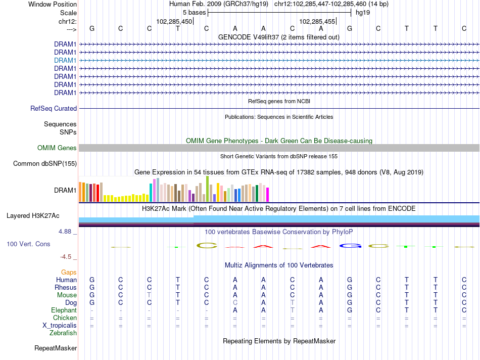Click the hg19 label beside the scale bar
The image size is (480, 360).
tap(363, 13)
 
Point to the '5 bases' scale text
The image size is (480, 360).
tap(195, 13)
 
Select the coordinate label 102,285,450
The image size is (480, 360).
tap(174, 21)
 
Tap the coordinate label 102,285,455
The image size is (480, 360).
tap(317, 21)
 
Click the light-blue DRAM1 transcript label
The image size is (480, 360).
tap(65, 60)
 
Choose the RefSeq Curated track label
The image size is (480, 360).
tap(54, 109)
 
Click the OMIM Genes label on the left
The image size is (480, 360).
tap(57, 148)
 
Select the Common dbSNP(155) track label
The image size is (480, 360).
tap(45, 164)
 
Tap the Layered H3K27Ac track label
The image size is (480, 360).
tap(33, 216)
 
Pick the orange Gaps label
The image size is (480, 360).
tap(69, 273)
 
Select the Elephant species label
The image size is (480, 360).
tap(64, 310)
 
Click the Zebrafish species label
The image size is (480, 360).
tap(63, 333)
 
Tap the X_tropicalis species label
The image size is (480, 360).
tap(60, 326)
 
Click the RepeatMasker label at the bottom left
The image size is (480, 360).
tap(56, 348)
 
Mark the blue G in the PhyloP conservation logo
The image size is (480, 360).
tap(350, 246)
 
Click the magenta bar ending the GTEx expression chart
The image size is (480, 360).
tap(268, 195)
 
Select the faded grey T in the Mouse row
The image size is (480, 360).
tap(149, 295)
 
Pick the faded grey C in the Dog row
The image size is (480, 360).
tap(235, 303)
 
